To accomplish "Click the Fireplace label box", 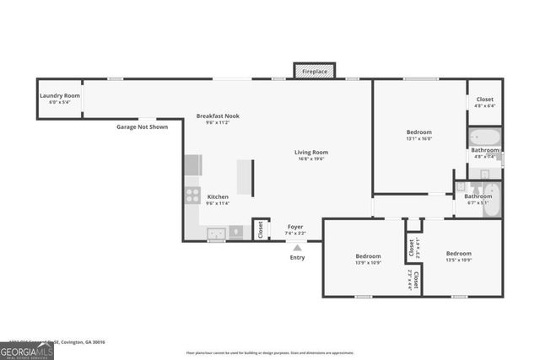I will (314, 72).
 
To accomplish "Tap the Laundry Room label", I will (60, 96).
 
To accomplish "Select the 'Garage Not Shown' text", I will (142, 127).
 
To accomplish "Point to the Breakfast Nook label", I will (218, 116).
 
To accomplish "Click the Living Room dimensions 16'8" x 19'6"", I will (311, 159).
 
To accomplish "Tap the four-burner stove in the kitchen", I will (192, 197).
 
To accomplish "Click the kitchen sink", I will (216, 232).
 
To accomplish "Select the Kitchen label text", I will (218, 196).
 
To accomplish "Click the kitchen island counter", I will (246, 177).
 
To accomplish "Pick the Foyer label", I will (295, 226).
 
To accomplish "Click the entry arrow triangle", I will (297, 247).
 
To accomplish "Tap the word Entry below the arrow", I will (297, 257).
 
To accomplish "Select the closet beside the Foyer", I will (260, 229).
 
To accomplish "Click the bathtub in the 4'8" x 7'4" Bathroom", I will (484, 137).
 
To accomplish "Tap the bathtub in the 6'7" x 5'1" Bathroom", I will (493, 201).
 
